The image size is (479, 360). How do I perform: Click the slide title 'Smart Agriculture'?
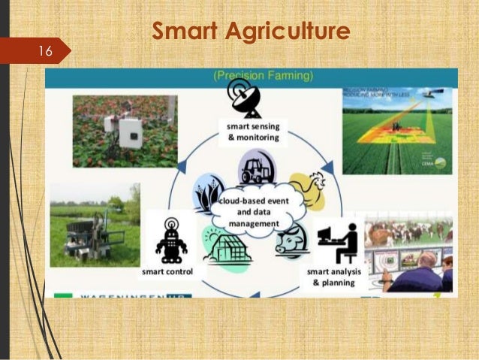coord(252,32)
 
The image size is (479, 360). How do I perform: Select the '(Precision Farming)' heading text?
coord(254,75)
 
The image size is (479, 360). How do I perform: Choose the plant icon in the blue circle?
coord(207,192)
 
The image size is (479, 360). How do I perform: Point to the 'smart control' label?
coord(167,271)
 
